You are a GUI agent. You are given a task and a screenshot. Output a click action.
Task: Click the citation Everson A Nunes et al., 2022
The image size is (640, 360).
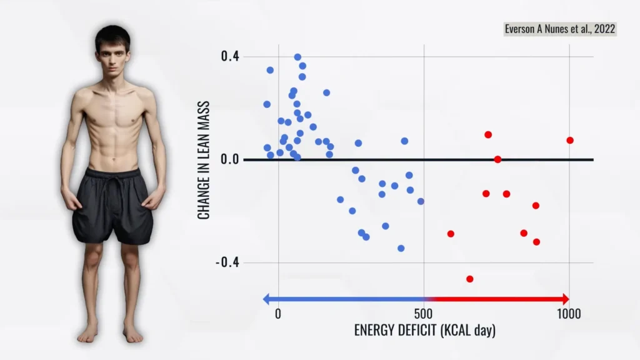(560, 29)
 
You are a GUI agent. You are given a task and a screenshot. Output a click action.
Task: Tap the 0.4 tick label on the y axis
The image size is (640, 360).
(230, 57)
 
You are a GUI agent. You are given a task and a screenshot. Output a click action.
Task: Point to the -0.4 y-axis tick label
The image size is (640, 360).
(227, 262)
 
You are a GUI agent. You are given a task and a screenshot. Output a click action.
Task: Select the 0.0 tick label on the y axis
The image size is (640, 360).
(230, 160)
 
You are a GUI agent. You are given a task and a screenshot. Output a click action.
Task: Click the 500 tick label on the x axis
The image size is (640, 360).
(424, 314)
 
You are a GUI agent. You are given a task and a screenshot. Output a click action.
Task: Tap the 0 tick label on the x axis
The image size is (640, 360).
(278, 314)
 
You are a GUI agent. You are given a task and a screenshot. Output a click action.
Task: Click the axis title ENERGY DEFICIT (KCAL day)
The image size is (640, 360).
(425, 331)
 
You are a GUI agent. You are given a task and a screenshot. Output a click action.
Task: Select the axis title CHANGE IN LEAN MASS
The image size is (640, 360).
(204, 160)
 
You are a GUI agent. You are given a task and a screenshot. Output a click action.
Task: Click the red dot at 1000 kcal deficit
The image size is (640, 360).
(570, 140)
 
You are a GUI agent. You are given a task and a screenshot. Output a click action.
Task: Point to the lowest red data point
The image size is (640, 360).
(470, 279)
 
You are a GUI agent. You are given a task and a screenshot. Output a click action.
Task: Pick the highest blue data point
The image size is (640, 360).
(297, 57)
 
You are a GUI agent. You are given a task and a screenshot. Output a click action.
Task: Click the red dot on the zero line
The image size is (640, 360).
(497, 159)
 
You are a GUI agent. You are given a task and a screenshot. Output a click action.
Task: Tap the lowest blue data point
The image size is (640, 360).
(401, 248)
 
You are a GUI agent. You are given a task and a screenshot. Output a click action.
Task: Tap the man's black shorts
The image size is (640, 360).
(112, 206)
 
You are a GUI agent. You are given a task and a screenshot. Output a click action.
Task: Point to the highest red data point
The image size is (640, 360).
(488, 134)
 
